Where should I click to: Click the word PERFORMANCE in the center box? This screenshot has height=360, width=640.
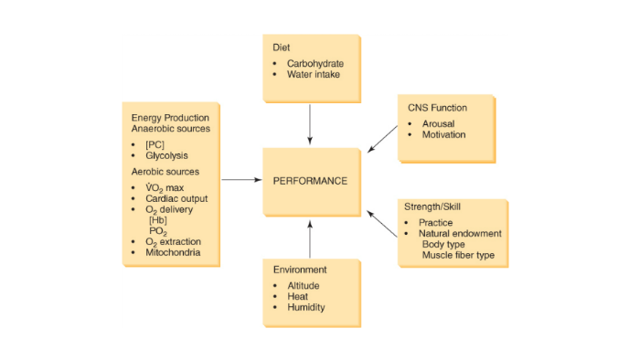310,181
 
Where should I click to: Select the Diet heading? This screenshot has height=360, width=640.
282,46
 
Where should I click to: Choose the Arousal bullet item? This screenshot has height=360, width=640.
438,123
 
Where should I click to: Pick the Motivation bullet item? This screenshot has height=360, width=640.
443,135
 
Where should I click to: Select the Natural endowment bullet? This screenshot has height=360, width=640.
460,233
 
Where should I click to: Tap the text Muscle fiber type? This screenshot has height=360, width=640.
458,255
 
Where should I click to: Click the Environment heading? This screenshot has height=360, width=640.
300,270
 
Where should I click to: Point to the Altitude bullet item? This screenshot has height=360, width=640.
303,286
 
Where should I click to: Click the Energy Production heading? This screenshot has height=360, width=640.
170,118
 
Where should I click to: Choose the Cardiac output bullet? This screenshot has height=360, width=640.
176,198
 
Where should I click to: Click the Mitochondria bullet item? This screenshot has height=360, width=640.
173,252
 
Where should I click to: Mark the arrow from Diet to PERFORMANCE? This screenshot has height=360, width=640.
310,123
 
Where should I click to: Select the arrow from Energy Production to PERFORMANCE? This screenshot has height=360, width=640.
241,180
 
